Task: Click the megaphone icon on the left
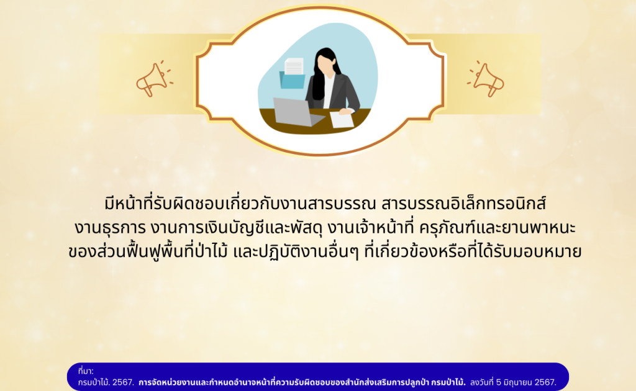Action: pyautogui.click(x=154, y=79)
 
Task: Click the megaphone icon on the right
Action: pyautogui.click(x=486, y=79)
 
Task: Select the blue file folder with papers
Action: pyautogui.click(x=293, y=74)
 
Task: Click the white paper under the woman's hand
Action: pyautogui.click(x=342, y=120)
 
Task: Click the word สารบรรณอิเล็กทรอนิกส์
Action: pyautogui.click(x=463, y=204)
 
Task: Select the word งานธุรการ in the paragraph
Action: pyautogui.click(x=110, y=228)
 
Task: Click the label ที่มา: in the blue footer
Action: pyautogui.click(x=86, y=371)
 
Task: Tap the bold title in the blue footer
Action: pyautogui.click(x=302, y=382)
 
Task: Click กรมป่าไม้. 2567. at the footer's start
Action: pyautogui.click(x=106, y=382)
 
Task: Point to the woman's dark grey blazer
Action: pyautogui.click(x=334, y=92)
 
